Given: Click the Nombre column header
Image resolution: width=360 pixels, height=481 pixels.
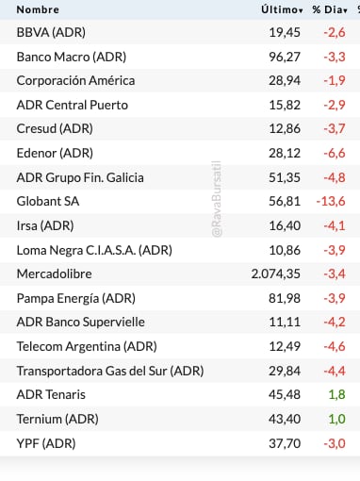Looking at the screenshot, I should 38,9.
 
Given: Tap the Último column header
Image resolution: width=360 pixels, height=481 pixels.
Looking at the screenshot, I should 281,9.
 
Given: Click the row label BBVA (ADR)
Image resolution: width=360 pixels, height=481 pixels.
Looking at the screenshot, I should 51,32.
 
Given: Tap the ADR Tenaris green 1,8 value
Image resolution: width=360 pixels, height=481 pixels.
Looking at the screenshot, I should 335,393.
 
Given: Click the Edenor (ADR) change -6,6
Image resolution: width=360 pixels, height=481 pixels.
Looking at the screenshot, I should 335,153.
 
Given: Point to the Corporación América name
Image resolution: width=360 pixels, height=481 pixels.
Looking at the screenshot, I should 75,80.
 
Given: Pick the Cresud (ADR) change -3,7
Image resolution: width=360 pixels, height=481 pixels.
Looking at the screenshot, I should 335,128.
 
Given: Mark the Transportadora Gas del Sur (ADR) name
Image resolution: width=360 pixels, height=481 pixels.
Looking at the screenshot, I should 110,370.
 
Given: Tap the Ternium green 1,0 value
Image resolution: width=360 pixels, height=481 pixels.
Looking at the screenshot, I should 335,418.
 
